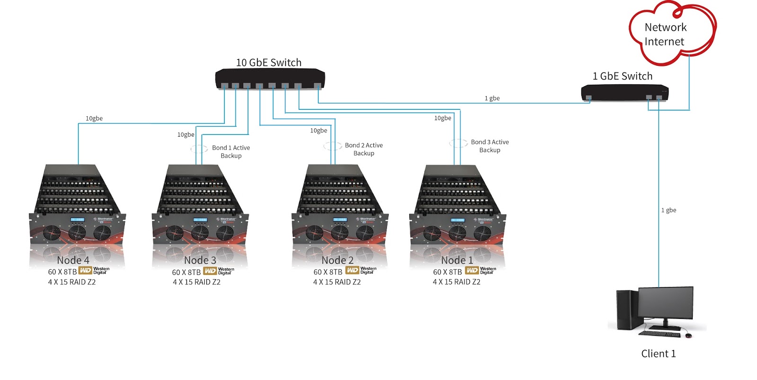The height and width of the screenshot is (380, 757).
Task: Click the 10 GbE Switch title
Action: pyautogui.click(x=268, y=62)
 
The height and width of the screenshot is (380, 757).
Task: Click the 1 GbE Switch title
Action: pyautogui.click(x=622, y=76)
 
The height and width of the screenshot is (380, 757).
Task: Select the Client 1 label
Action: pyautogui.click(x=658, y=353)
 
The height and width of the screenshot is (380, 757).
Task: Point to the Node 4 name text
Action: pyautogui.click(x=73, y=260)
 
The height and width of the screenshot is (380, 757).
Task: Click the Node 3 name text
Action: pyautogui.click(x=200, y=260)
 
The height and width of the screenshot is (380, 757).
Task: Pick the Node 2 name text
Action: pyautogui.click(x=337, y=260)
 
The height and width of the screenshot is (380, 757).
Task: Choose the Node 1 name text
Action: pyautogui.click(x=457, y=260)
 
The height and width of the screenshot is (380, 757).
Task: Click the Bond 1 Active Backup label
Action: pyautogui.click(x=231, y=151)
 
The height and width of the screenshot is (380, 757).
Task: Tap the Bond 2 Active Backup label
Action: pyautogui.click(x=363, y=149)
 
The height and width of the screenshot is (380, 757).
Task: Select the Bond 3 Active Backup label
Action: pyautogui.click(x=490, y=146)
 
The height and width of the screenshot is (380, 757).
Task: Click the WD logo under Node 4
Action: pyautogui.click(x=85, y=271)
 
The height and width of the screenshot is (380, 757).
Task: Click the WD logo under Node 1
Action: pyautogui.click(x=472, y=271)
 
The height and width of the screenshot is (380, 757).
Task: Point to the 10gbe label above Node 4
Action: pyautogui.click(x=94, y=118)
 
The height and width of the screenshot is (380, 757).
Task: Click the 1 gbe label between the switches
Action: pyautogui.click(x=492, y=98)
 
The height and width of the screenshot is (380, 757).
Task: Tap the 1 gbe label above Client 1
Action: pyautogui.click(x=669, y=210)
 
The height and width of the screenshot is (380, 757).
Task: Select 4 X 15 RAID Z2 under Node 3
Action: pyautogui.click(x=196, y=282)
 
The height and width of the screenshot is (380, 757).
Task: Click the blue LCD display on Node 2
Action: pyautogui.click(x=339, y=220)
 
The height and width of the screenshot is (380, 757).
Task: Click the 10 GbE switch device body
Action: pyautogui.click(x=270, y=78)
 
